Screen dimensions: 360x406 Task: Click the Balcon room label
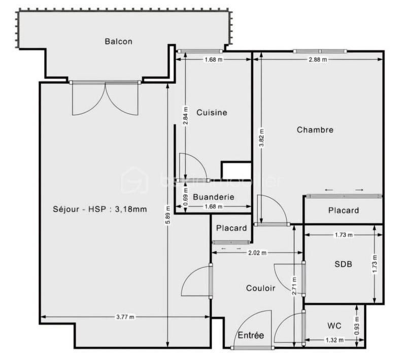[118, 42]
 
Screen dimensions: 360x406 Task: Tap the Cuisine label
[212, 113]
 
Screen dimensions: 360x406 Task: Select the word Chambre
[315, 130]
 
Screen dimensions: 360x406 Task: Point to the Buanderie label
[214, 197]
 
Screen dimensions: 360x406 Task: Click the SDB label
[343, 264]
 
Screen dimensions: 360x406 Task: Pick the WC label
[334, 325]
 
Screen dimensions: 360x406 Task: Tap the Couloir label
[260, 288]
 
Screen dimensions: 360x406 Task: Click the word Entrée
[251, 335]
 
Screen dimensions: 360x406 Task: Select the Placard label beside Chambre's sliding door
[343, 210]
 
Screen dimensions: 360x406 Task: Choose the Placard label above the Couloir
[231, 228]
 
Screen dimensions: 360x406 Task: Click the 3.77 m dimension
[125, 317]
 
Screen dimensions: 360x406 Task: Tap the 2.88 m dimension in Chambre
[318, 59]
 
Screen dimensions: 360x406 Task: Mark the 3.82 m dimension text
[261, 138]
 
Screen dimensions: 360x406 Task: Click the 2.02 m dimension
[257, 253]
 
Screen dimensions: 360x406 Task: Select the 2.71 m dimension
[294, 286]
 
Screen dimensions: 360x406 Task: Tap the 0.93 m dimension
[357, 325]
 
